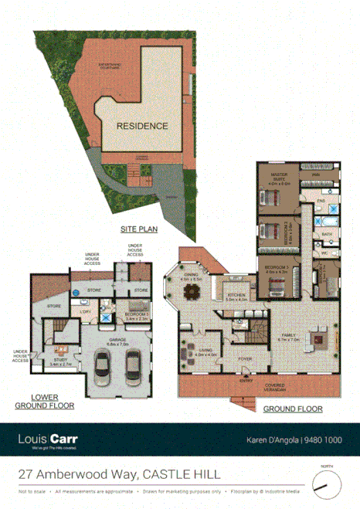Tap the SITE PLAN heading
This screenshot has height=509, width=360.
[x=139, y=229]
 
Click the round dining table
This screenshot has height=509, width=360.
[x=191, y=292]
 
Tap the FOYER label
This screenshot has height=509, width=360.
[x=246, y=358]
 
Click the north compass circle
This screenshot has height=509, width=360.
[x=327, y=484]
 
